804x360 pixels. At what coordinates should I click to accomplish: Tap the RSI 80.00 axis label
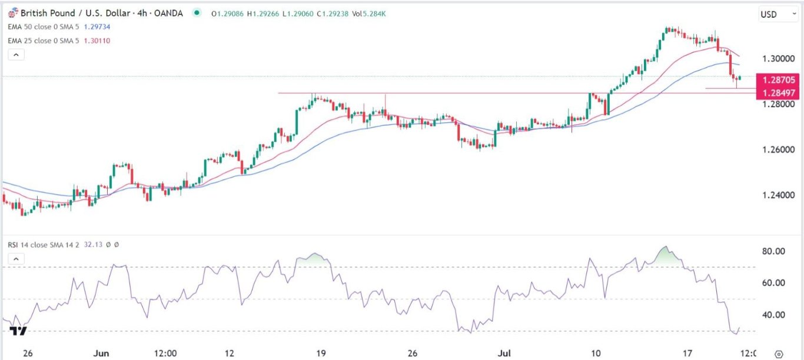pyautogui.click(x=773, y=251)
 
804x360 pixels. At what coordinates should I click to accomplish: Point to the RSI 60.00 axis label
pyautogui.click(x=773, y=283)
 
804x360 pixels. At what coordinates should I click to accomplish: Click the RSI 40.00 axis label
pyautogui.click(x=773, y=315)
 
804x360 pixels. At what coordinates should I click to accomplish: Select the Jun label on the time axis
pyautogui.click(x=102, y=354)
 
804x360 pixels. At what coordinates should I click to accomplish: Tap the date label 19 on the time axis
pyautogui.click(x=321, y=354)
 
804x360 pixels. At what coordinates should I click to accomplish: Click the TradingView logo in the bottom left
pyautogui.click(x=18, y=331)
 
